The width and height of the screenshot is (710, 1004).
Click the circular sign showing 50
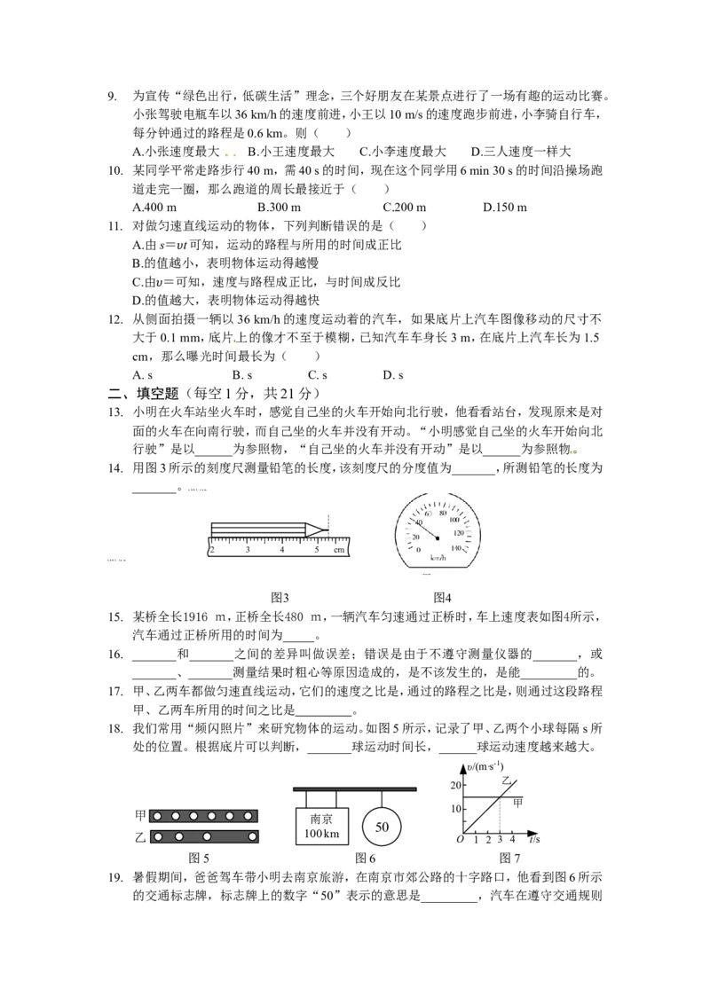(x=382, y=827)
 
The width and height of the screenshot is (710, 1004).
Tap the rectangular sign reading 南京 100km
(x=321, y=826)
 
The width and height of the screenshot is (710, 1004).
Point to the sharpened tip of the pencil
(x=328, y=529)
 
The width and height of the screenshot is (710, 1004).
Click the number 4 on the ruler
(x=282, y=549)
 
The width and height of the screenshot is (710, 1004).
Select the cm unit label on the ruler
(x=339, y=549)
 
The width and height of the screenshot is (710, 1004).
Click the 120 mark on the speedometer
(x=458, y=533)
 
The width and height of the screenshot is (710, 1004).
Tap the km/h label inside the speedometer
(x=438, y=558)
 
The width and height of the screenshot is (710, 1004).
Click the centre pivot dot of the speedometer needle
(x=438, y=537)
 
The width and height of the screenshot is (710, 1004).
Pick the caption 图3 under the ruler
(x=280, y=598)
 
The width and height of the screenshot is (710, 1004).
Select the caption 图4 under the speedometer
(x=442, y=598)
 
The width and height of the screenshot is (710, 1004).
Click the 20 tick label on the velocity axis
(x=455, y=786)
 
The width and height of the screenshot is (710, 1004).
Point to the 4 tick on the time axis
(x=512, y=839)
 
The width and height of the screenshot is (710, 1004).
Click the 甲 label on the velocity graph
(x=517, y=803)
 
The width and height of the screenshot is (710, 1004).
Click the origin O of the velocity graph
(x=460, y=839)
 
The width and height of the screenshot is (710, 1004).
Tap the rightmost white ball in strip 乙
(x=252, y=836)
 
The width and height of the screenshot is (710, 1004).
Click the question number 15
(x=115, y=617)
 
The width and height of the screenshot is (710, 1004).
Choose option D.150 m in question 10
(x=505, y=207)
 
